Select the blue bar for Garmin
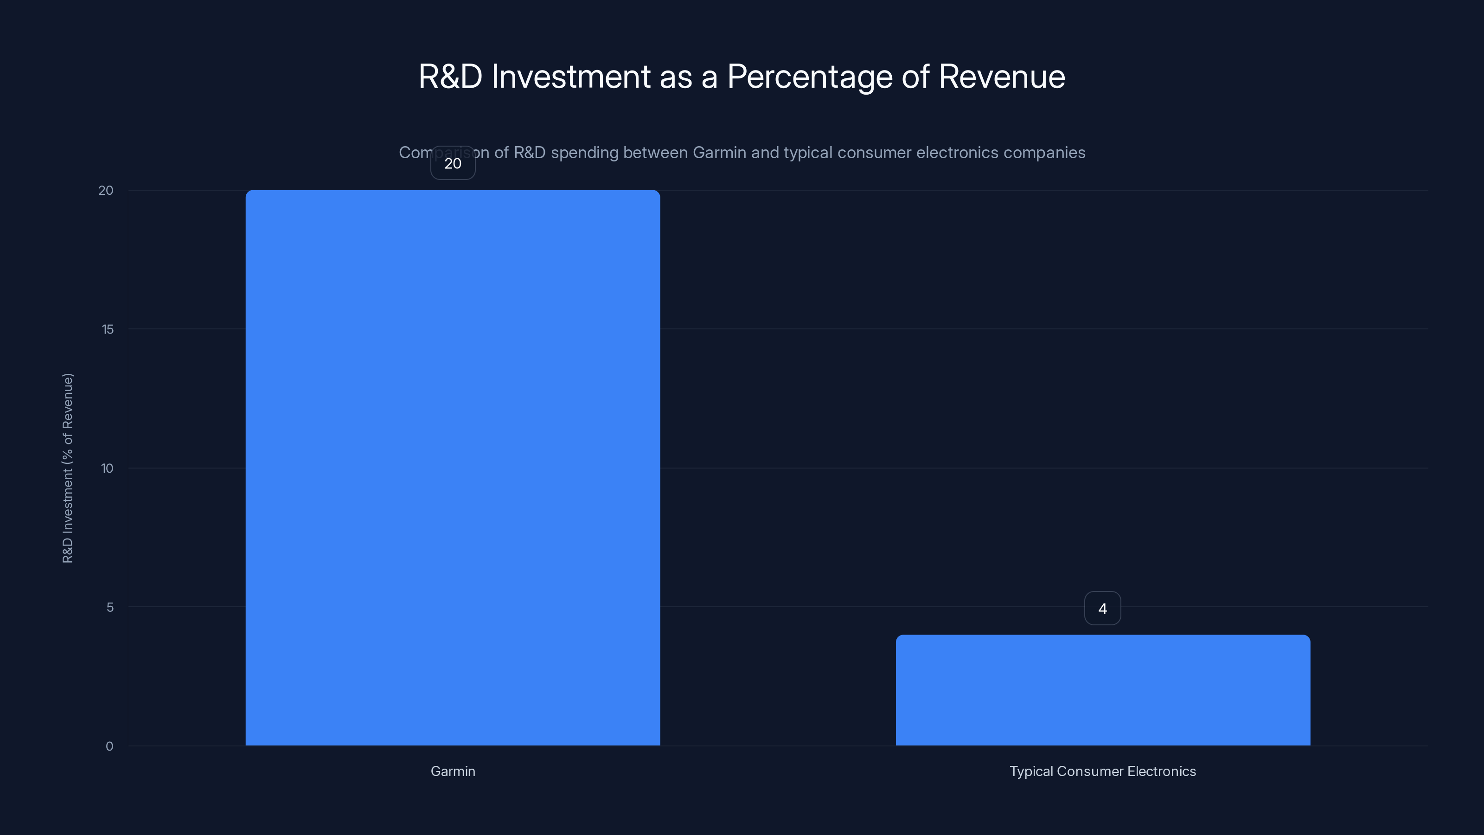pos(453,467)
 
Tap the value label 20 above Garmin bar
pos(453,164)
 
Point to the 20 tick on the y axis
pos(106,191)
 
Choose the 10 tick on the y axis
pos(107,469)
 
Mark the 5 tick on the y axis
pos(110,607)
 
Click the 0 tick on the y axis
pos(109,746)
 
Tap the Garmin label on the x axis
pos(453,771)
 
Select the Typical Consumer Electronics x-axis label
pos(1103,771)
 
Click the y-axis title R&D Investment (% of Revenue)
pos(68,468)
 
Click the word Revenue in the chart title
pos(1002,76)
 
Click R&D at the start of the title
pos(450,76)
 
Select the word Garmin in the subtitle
pos(719,153)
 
